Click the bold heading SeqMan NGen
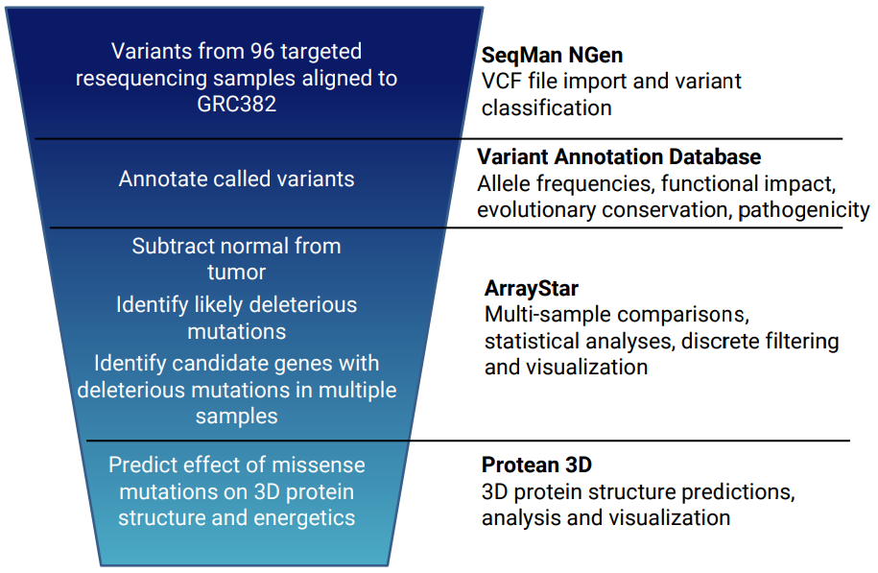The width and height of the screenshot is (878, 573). pos(552,55)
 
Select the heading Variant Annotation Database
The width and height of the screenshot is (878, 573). pos(619,156)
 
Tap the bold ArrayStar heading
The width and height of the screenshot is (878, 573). pos(532,289)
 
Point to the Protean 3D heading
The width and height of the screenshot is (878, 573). pos(536,465)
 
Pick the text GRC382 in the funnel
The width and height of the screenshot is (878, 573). pos(236,105)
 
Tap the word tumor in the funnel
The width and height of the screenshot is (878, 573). pos(236,273)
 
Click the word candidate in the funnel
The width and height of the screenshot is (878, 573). pos(218,364)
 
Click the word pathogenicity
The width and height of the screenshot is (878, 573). pos(803,210)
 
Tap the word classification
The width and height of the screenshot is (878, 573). pos(547,108)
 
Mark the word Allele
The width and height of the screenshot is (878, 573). pos(504,183)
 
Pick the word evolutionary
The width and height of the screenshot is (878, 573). pos(535,210)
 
